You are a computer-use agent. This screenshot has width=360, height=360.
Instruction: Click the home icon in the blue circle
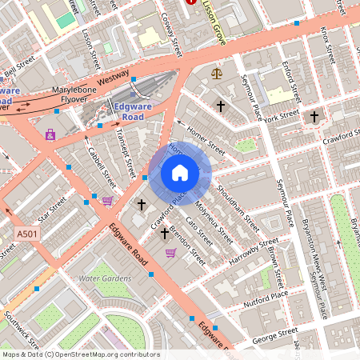tap(180, 173)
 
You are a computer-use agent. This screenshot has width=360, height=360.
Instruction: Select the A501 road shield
tap(26, 234)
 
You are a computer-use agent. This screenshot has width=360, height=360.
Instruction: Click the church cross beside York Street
tap(314, 117)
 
